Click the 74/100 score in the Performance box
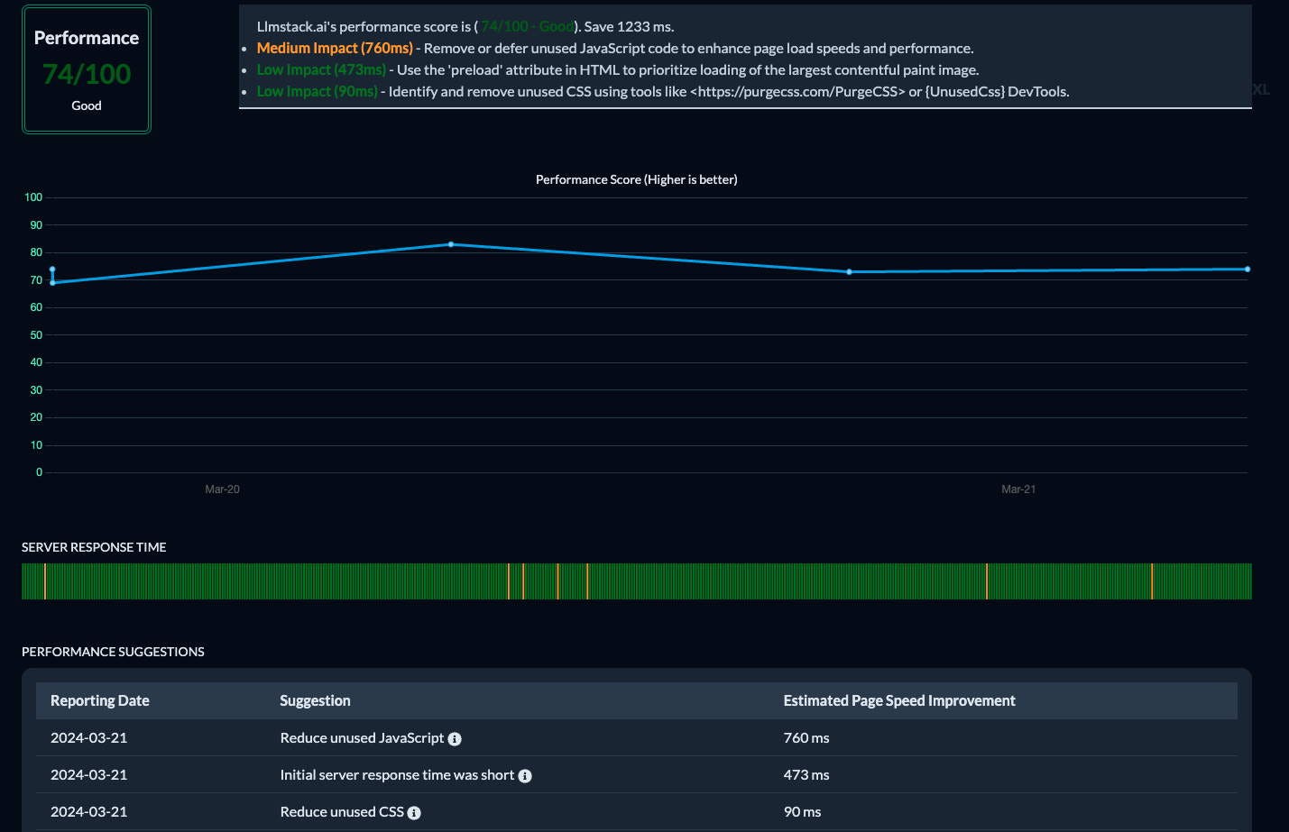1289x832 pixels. [87, 74]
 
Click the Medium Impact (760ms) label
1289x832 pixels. [335, 49]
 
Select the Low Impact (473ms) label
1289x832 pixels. [321, 70]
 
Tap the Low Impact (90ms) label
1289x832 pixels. [317, 92]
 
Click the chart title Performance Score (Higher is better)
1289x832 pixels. [636, 180]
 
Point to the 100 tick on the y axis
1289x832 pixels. [33, 197]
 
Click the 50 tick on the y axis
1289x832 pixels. [36, 335]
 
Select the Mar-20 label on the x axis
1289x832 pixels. [222, 489]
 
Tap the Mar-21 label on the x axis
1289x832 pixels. [1017, 489]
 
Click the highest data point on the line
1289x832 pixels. [451, 244]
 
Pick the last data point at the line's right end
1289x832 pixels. [1248, 270]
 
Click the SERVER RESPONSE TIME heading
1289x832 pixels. [94, 547]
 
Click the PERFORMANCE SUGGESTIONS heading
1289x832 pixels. [113, 652]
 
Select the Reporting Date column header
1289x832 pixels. [100, 701]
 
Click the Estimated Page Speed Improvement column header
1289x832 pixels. [898, 701]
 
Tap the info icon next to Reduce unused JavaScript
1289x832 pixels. [455, 739]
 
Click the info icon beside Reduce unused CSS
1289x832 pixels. [414, 813]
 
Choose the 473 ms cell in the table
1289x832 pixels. [806, 775]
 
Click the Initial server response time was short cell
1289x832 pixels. [397, 775]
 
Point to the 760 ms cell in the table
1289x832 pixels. [806, 738]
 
